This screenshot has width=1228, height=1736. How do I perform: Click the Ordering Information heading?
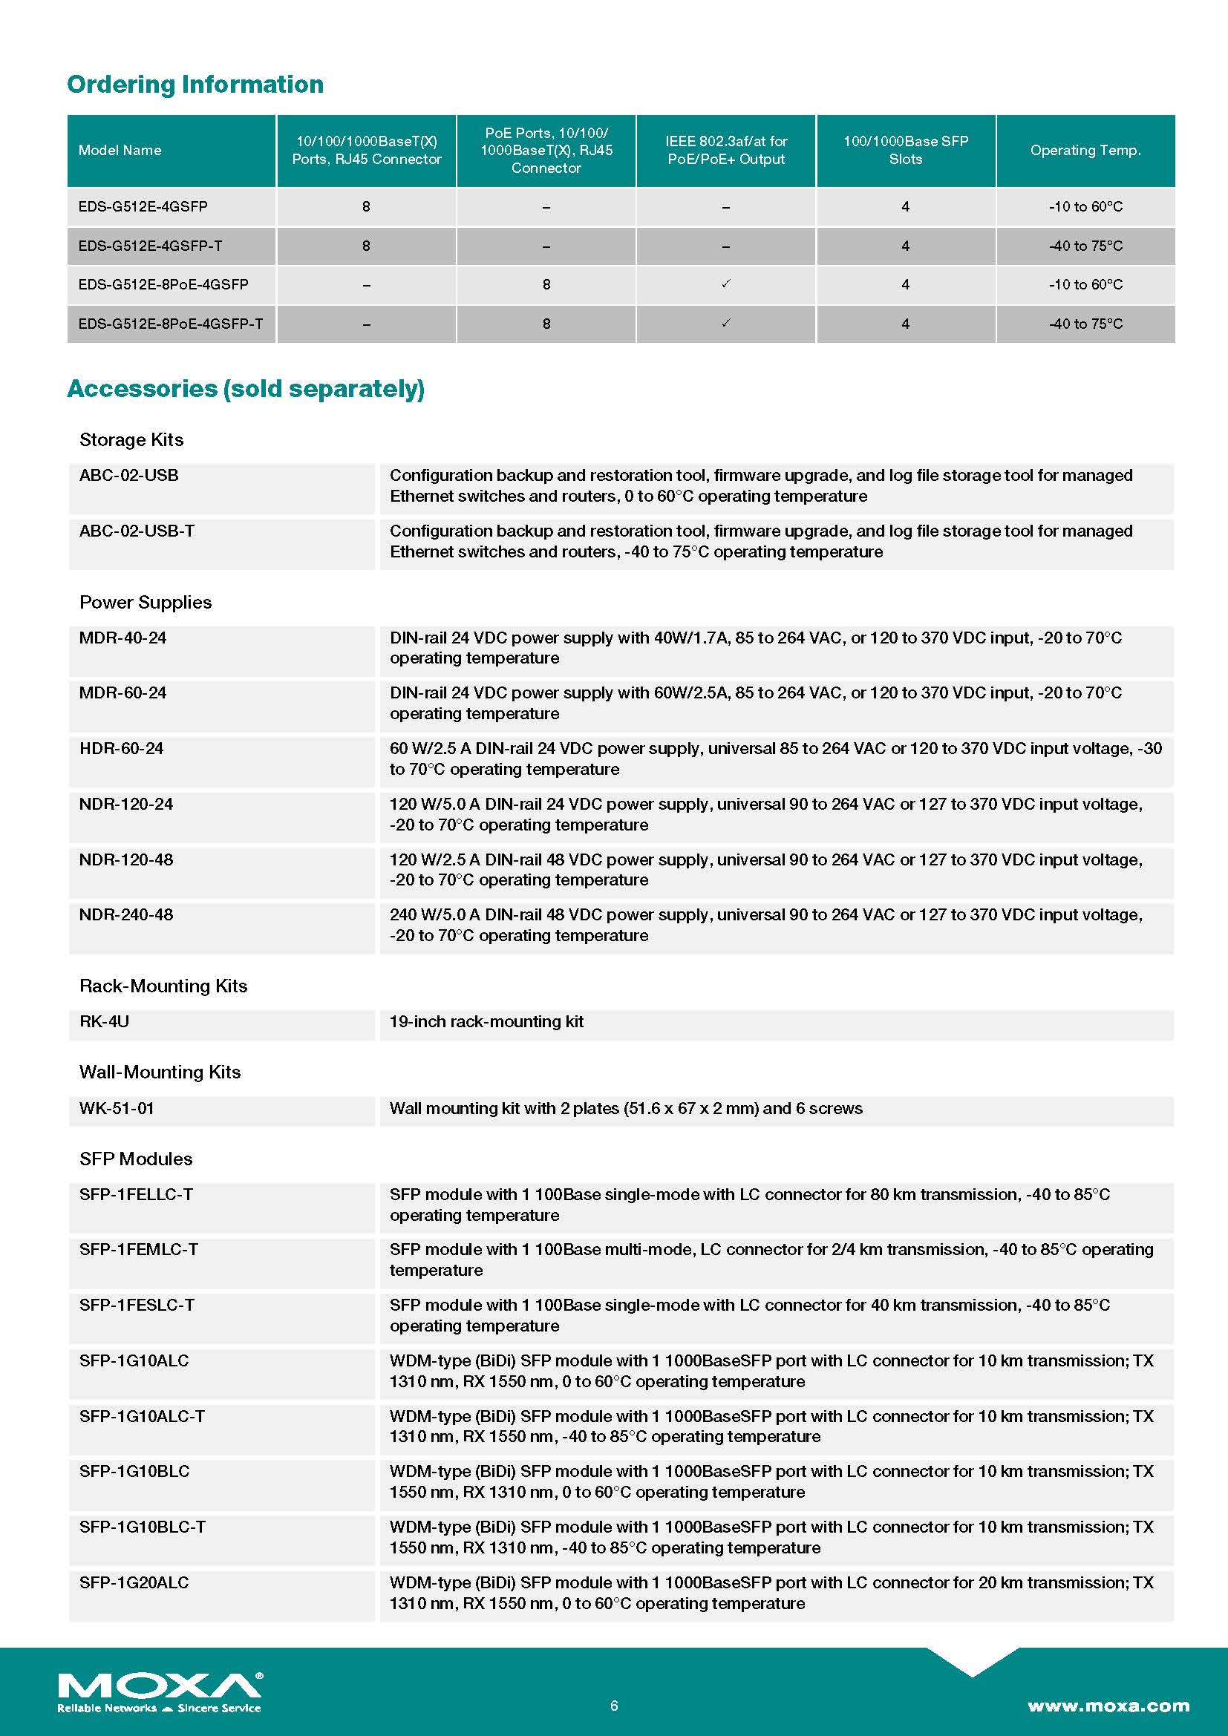195,84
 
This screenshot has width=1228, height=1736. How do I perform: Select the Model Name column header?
120,150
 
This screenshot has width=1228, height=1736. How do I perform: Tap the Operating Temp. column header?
1085,150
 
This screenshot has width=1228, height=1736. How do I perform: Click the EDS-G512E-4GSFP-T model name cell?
150,246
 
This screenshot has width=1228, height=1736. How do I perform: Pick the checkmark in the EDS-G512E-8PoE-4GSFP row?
726,284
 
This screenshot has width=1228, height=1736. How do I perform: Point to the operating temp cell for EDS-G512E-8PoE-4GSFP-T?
1085,324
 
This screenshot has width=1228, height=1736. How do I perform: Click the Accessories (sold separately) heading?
246,389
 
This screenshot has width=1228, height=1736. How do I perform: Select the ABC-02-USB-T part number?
137,531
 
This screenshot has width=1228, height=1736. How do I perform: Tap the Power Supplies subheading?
146,602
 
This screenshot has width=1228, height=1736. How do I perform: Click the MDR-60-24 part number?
123,692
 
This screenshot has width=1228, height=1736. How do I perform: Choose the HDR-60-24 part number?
121,749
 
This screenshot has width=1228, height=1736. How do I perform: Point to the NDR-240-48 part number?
126,915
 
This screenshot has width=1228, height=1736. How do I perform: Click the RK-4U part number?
105,1021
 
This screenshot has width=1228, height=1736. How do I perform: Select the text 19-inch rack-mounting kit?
486,1021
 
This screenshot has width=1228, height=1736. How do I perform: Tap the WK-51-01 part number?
117,1108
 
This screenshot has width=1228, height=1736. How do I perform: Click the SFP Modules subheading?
135,1159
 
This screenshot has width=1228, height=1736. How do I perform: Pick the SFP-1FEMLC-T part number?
138,1250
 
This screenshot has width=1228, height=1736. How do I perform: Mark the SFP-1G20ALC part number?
134,1582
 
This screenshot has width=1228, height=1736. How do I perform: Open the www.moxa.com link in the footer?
1108,1706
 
